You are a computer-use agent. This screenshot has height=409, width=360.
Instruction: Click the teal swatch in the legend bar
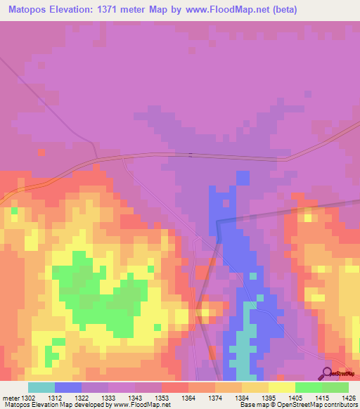point(41,387)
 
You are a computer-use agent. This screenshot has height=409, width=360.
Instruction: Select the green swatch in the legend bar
point(308,387)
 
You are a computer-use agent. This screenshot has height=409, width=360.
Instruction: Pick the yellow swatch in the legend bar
point(281,387)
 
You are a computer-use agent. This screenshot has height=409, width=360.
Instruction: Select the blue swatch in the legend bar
point(67,387)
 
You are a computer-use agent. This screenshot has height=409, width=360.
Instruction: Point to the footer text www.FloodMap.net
point(141,404)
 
